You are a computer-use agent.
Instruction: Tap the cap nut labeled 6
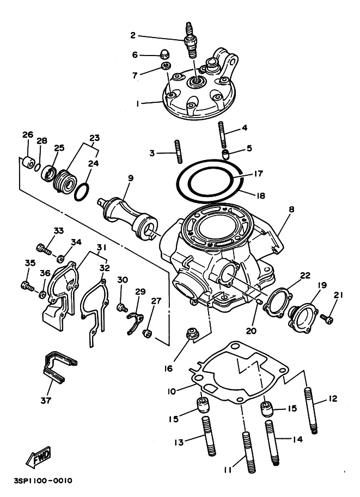[164, 55]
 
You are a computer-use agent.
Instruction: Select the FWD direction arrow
[38, 457]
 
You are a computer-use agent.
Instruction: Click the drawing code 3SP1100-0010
[43, 481]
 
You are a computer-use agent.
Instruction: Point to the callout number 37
[46, 400]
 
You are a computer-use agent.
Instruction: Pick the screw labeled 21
[327, 318]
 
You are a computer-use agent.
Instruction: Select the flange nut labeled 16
[192, 334]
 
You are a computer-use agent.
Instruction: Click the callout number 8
[291, 209]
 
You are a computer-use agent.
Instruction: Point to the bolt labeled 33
[44, 248]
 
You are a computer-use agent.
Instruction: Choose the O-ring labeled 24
[82, 192]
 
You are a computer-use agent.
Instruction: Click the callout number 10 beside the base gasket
[172, 391]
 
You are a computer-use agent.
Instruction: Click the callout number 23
[95, 138]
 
